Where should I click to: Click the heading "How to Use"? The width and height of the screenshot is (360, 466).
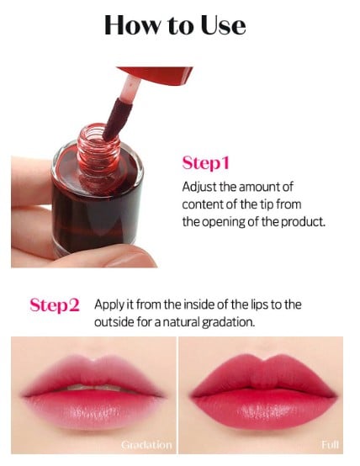[x=175, y=24]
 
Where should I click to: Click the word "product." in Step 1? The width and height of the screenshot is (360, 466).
[x=302, y=221]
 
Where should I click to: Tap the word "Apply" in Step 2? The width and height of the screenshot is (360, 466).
[x=110, y=304]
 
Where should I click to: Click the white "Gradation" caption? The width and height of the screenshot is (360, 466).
[x=146, y=444]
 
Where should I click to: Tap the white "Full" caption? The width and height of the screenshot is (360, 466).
[x=331, y=444]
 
